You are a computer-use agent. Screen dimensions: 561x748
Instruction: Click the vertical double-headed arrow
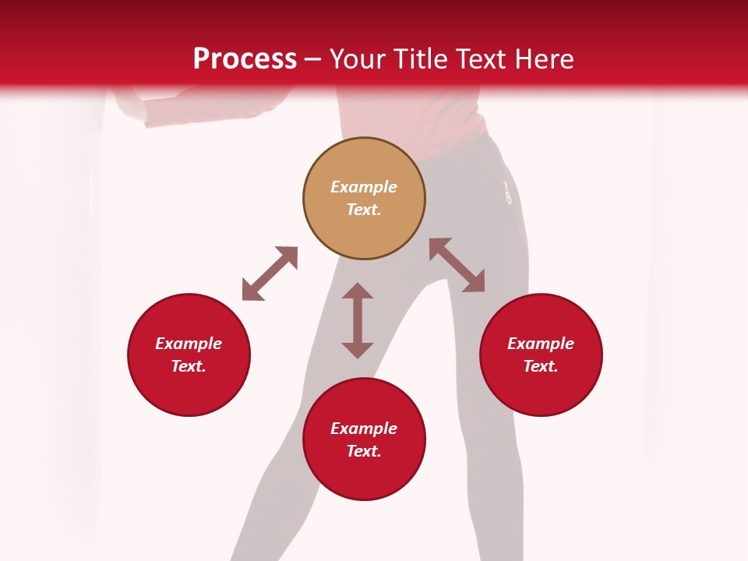tap(358, 320)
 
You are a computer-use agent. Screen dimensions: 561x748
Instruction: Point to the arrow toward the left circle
tap(270, 273)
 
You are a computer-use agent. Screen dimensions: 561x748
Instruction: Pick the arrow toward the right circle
tap(457, 265)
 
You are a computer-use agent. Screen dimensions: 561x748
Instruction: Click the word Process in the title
tap(245, 58)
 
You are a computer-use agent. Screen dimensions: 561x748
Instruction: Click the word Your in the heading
tap(355, 58)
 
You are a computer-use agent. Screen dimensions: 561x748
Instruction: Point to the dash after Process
tap(313, 59)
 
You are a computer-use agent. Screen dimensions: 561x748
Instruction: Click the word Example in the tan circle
tap(364, 187)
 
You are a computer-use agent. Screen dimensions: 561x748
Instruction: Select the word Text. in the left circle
tap(189, 366)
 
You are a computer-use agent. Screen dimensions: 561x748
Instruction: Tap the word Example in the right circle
tap(541, 344)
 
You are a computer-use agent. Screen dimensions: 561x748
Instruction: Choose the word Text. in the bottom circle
tap(364, 451)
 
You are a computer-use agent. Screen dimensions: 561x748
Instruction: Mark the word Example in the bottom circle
tap(364, 429)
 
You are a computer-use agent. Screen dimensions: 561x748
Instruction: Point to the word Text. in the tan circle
tap(364, 210)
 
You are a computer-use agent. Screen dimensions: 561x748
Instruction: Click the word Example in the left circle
tap(189, 344)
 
